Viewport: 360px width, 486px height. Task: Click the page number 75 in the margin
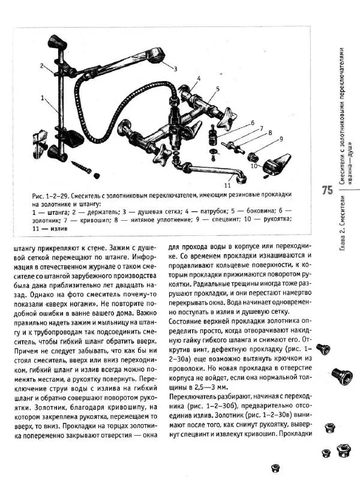click(327, 191)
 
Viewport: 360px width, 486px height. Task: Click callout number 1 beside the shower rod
click(43, 96)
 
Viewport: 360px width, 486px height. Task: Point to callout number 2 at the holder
click(43, 65)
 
